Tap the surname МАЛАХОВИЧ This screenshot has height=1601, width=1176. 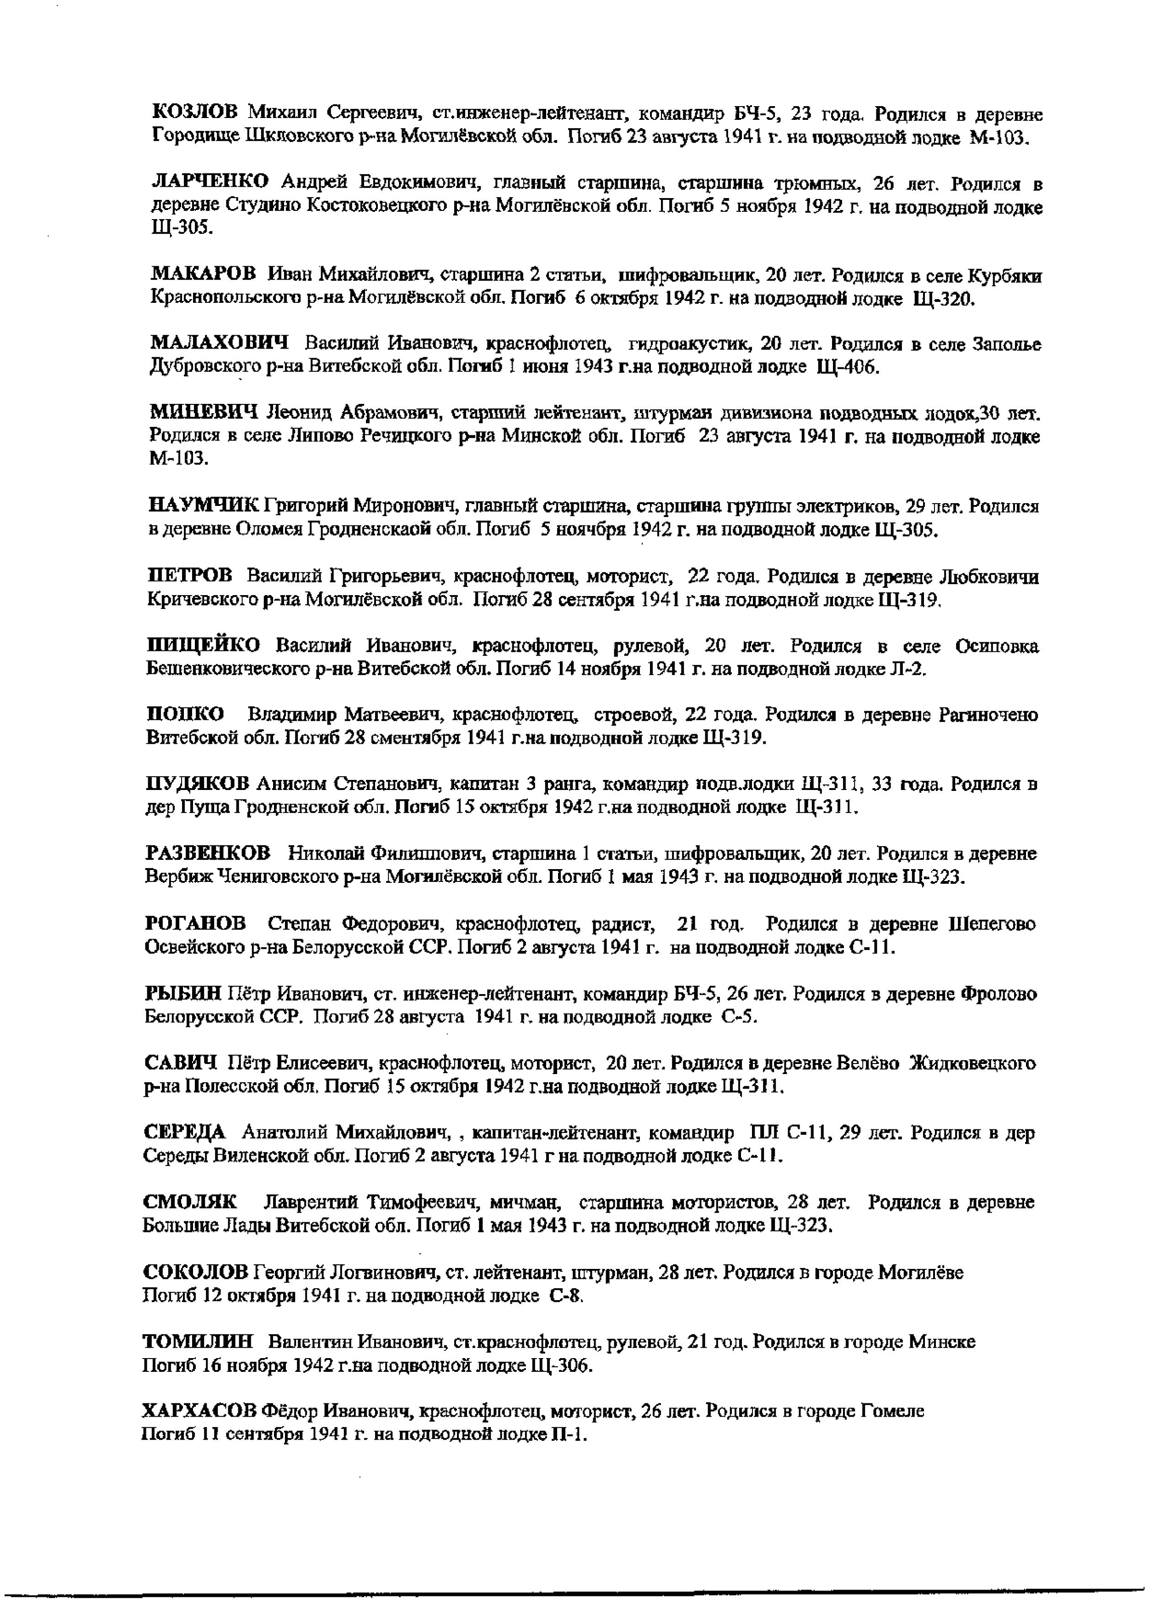[219, 344]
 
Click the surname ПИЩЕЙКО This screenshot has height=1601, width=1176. [203, 646]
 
